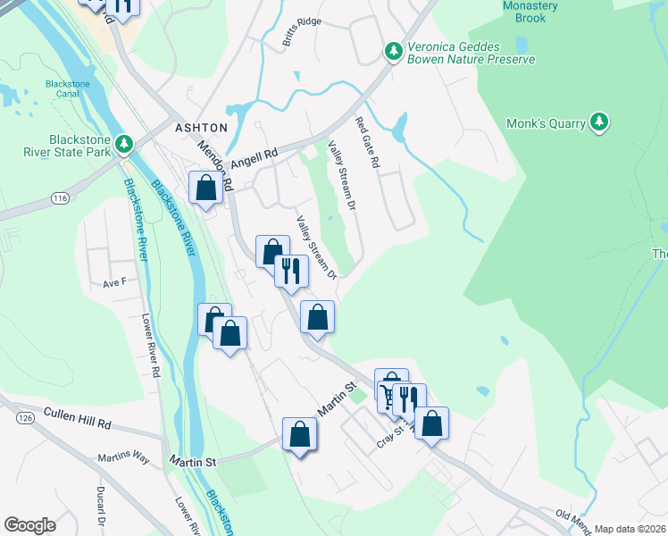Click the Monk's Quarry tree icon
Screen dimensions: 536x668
600,123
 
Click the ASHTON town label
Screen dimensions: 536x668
201,128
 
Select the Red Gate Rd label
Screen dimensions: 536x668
367,143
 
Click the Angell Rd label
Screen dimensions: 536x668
255,159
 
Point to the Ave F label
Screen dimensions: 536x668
115,282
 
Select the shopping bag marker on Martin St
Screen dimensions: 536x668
300,435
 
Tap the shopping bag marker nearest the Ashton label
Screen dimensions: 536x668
206,188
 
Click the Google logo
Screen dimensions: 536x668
29,525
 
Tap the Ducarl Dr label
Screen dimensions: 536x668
100,507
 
